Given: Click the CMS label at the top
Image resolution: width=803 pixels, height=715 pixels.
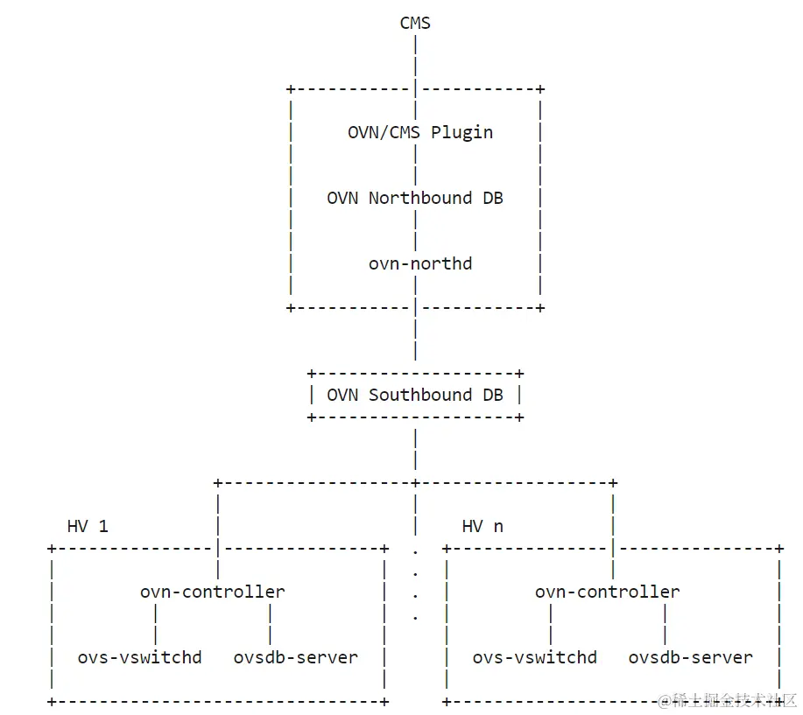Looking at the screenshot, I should (415, 23).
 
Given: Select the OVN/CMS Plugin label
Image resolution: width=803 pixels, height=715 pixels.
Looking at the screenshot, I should (419, 132).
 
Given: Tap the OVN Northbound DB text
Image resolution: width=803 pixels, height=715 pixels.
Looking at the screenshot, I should (415, 198).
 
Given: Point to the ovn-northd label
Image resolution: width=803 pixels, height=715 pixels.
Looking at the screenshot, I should (419, 263).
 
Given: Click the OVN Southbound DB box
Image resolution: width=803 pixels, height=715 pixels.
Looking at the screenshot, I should (415, 395).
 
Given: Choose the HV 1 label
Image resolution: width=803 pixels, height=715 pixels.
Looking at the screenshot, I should (88, 526).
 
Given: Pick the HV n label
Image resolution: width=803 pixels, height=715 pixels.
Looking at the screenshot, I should (483, 526).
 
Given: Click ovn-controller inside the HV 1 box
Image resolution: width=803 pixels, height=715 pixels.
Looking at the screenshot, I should (212, 592).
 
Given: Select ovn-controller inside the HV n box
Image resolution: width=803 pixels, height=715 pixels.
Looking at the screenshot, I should (607, 592).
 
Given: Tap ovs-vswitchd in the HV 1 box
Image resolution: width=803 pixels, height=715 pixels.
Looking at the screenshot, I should (139, 657).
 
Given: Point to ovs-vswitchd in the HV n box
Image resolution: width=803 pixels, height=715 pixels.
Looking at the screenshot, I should (534, 657).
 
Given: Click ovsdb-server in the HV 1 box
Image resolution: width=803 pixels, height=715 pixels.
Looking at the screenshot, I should (295, 657).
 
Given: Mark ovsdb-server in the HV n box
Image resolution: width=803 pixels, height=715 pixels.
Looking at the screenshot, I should (690, 657).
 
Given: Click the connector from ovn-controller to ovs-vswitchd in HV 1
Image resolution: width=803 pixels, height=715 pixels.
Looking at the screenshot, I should (155, 624).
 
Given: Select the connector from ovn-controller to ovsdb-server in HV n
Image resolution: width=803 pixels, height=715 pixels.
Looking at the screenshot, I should (665, 624).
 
